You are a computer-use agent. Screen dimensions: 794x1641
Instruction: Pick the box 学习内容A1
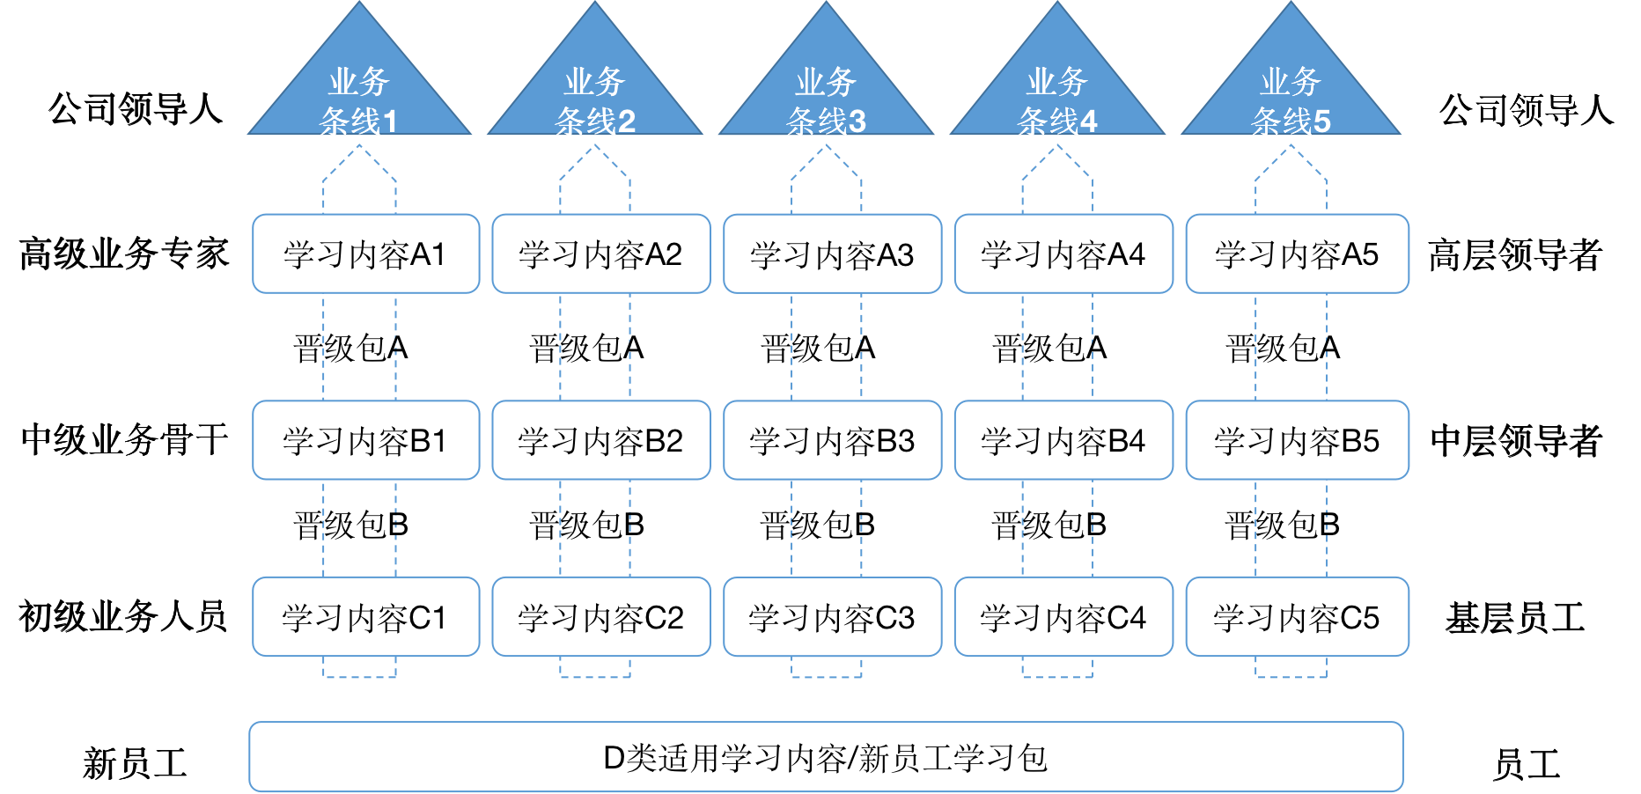point(365,254)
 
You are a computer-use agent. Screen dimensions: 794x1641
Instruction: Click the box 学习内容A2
point(600,254)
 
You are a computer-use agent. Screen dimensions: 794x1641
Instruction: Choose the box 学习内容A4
point(1063,254)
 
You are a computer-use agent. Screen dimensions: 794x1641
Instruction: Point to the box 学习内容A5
point(1297,254)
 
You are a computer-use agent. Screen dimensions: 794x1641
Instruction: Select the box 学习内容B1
point(365,440)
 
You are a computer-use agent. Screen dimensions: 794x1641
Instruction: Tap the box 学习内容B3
point(832,440)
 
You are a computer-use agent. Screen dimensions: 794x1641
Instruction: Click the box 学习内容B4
point(1063,440)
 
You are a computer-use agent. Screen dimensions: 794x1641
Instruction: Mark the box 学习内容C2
point(600,617)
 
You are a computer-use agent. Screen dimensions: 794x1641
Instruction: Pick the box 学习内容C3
point(832,617)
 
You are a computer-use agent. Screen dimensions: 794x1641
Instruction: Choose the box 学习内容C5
point(1297,617)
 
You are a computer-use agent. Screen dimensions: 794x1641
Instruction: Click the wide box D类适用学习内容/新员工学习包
point(826,757)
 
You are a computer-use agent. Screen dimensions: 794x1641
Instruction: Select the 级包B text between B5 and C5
point(1291,526)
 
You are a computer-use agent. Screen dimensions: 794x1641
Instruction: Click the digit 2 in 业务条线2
point(626,121)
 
